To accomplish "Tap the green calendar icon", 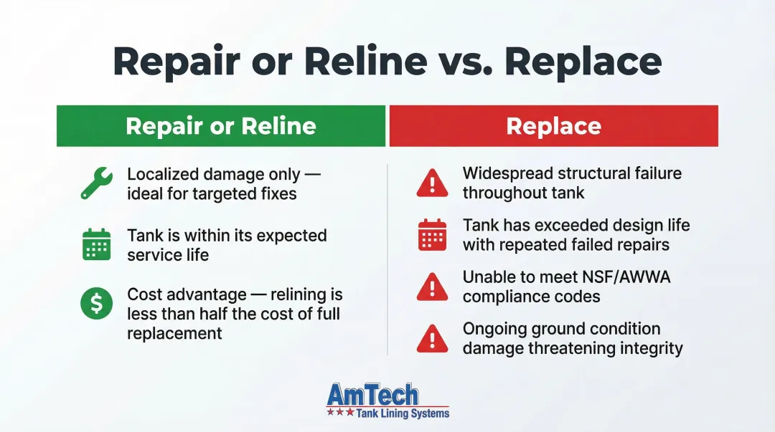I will [x=96, y=245].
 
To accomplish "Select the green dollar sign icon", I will [x=96, y=304].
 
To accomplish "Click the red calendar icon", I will [x=432, y=235].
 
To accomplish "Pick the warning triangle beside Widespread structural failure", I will [x=432, y=184].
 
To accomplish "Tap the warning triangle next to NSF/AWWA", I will [x=432, y=287].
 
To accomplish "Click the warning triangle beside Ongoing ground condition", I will [x=432, y=339].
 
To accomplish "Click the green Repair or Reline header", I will [x=221, y=126].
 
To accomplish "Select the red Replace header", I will [x=553, y=126].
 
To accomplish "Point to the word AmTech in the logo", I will [x=372, y=395].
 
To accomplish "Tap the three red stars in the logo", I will [x=340, y=413].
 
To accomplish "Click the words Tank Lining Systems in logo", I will [x=403, y=413].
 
